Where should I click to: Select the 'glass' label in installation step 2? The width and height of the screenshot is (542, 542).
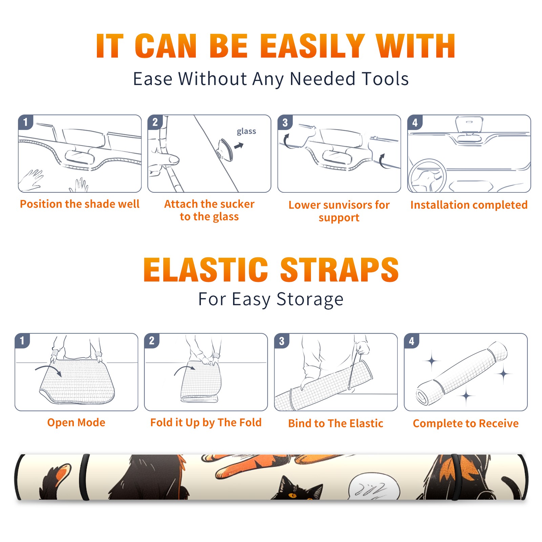pos(246,131)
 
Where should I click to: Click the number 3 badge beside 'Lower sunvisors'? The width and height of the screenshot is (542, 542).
pos(285,122)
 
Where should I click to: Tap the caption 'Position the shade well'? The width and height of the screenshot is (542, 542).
pos(80,204)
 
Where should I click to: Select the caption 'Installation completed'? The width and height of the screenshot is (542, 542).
pos(469,205)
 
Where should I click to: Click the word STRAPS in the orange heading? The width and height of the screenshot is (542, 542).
pos(339,270)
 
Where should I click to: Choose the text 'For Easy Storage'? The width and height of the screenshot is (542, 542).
pos(271,299)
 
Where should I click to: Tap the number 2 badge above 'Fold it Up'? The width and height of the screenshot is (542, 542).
pos(152,341)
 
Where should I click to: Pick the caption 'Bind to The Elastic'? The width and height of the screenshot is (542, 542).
pos(336,423)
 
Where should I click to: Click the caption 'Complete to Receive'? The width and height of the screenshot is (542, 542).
pos(466,423)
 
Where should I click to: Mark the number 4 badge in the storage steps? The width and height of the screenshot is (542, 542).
pos(412,341)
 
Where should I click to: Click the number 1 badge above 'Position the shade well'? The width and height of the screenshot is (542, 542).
pos(25,122)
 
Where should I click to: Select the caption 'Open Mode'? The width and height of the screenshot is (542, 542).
pos(76,422)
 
